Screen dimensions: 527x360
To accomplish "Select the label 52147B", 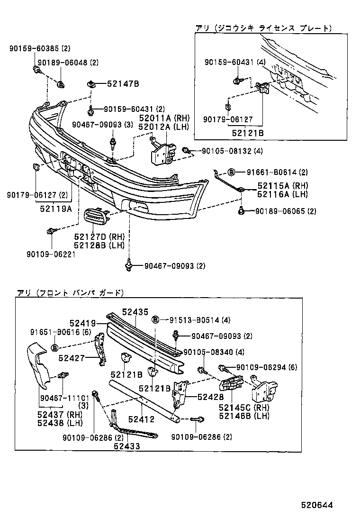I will click(123, 84).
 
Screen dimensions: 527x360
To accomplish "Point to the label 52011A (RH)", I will click(163, 118).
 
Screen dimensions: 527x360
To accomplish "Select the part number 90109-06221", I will click(52, 254).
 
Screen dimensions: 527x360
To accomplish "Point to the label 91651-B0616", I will click(56, 332).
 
